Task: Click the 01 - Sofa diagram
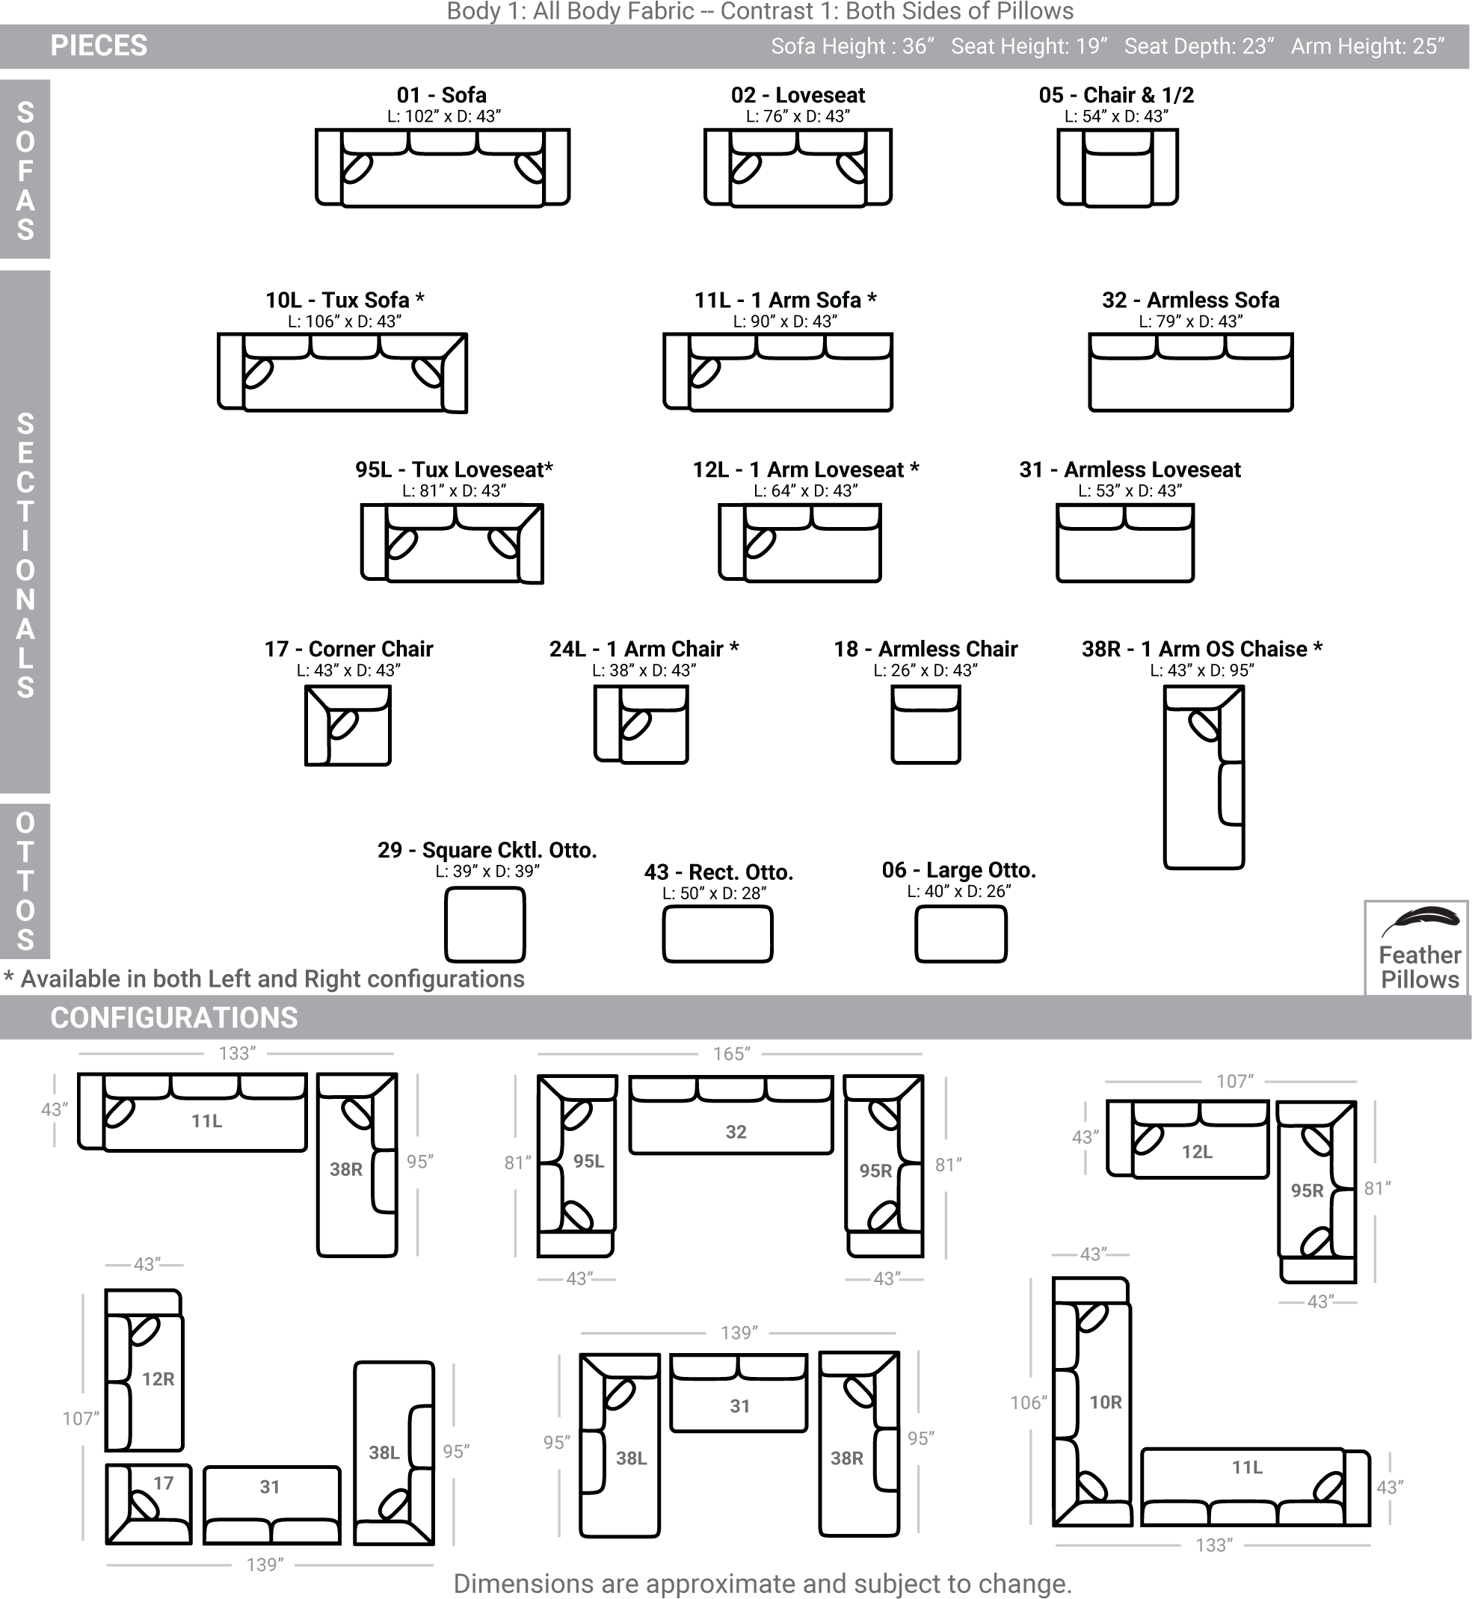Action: (442, 168)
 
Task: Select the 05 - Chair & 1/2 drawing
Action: (1118, 168)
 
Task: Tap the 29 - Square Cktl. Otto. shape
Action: (485, 925)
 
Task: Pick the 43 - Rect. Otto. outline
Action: (718, 935)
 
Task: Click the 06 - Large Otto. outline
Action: (961, 934)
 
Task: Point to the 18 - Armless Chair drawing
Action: (926, 724)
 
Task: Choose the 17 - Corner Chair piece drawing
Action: (348, 725)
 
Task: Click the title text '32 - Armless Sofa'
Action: (1191, 301)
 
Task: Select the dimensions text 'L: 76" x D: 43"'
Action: (798, 117)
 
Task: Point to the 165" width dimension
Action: (731, 1053)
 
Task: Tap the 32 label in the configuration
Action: (736, 1133)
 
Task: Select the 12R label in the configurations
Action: (158, 1379)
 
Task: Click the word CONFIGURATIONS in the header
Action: (173, 1017)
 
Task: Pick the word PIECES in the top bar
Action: (99, 46)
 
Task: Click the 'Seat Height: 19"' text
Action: (1029, 46)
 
